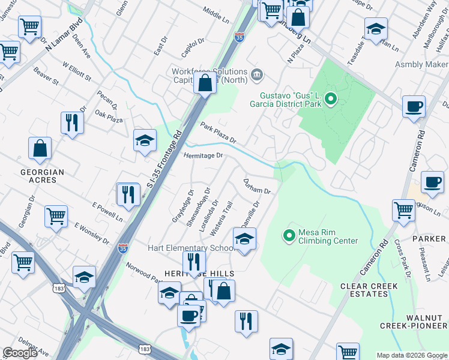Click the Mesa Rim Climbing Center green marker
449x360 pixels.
[x=289, y=235]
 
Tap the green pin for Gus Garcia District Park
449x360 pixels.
[x=330, y=99]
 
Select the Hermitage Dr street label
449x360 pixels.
[x=203, y=155]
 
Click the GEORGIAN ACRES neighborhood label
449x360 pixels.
[x=41, y=176]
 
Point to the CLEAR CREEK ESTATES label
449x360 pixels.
[x=364, y=290]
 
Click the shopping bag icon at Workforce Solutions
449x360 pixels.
[x=205, y=84]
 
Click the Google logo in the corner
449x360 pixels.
[x=20, y=353]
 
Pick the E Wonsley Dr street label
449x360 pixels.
[x=92, y=233]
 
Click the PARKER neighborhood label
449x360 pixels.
[x=429, y=239]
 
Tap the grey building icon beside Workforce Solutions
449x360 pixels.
[x=257, y=74]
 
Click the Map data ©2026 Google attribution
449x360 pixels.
[x=411, y=355]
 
